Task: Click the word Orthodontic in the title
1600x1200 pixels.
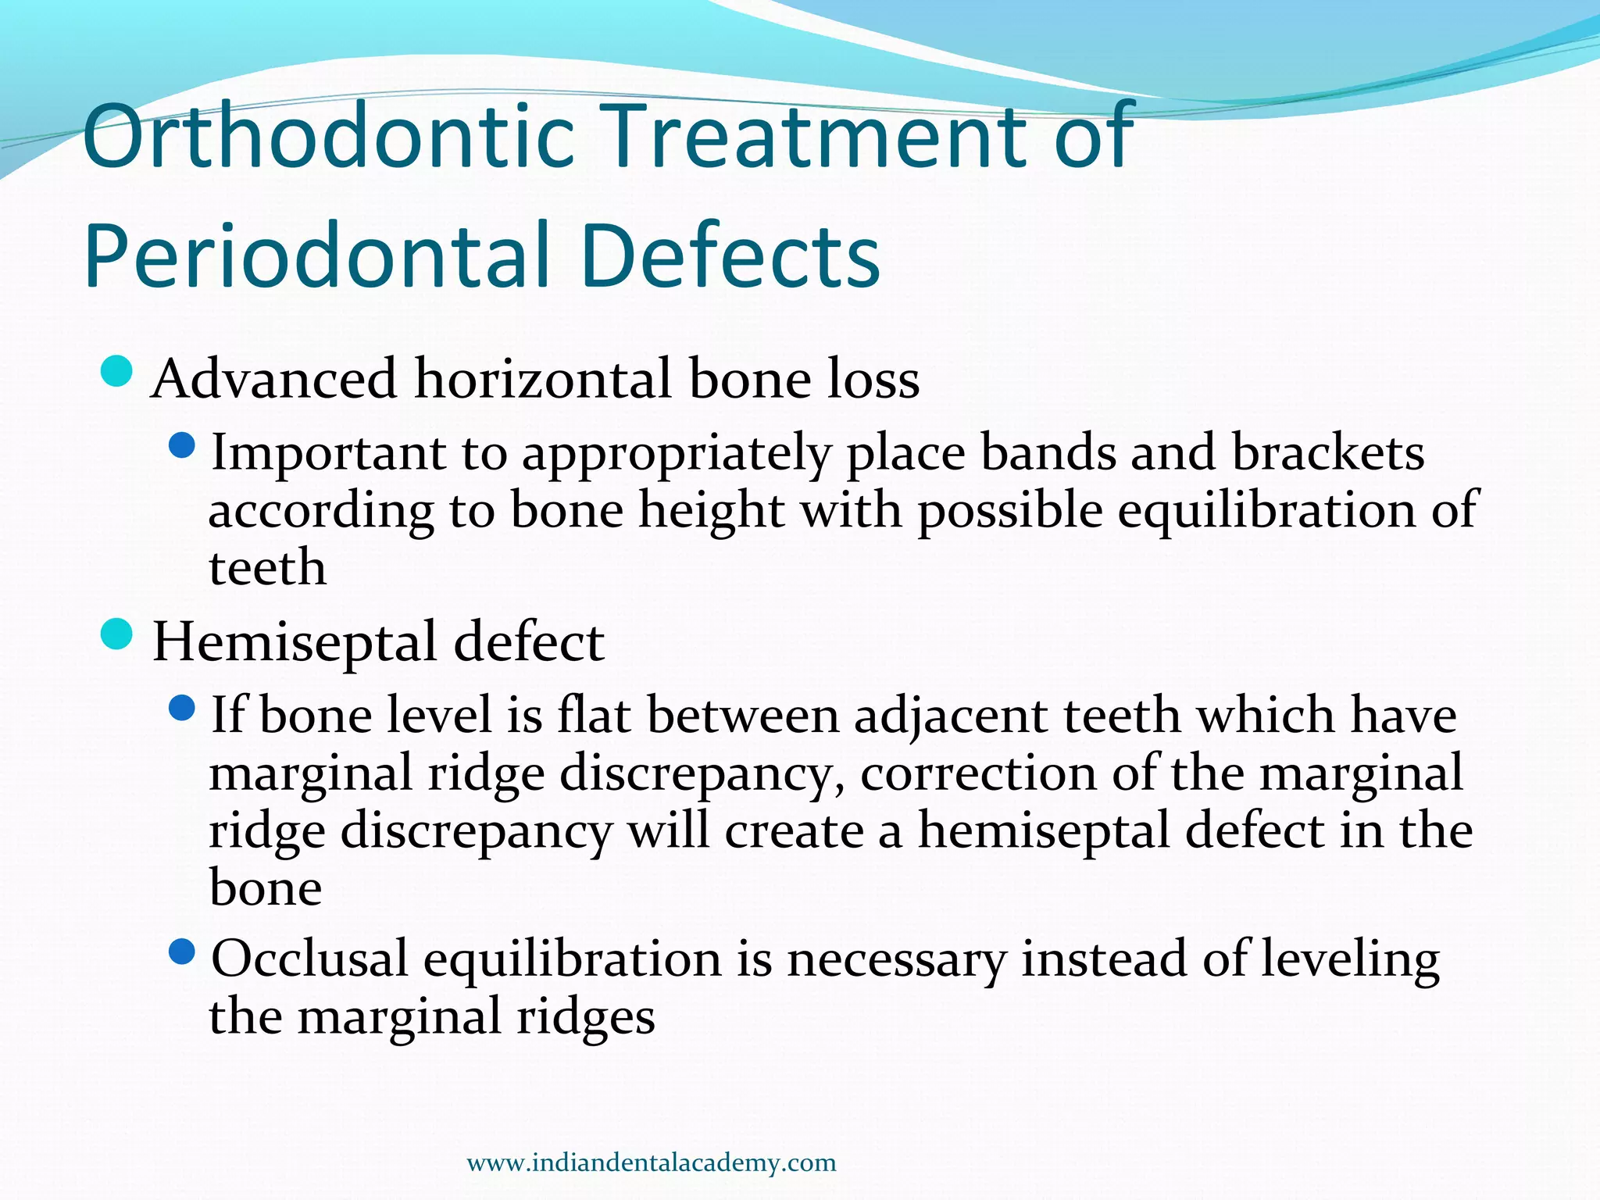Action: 329,139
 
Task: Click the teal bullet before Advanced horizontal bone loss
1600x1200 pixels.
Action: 118,372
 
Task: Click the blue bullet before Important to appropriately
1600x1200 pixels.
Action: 181,447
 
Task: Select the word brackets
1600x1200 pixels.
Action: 1327,453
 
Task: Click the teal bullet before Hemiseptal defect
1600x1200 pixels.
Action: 118,634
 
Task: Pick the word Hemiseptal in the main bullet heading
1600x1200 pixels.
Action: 295,643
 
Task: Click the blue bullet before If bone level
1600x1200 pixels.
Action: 181,709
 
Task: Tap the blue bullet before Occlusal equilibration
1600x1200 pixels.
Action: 181,952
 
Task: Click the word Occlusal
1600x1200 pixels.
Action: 309,959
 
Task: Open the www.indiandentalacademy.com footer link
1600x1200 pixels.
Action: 651,1162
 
